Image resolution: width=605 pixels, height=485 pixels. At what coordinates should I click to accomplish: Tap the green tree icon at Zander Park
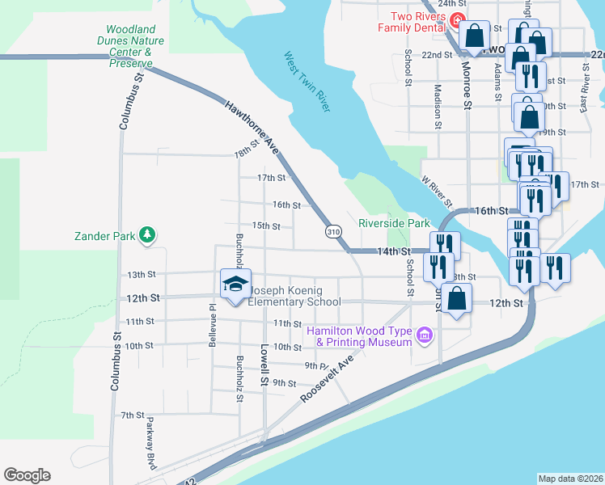tap(147, 235)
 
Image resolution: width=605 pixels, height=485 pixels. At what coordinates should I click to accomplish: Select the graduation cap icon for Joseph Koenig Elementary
tap(235, 284)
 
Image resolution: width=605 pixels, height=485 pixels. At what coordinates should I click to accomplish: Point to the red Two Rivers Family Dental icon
tap(458, 20)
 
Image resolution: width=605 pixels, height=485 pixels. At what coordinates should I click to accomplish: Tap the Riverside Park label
tap(394, 223)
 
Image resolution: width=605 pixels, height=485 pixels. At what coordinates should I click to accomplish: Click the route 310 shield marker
tap(333, 232)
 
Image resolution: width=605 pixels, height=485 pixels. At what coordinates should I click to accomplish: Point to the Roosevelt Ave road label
tap(328, 378)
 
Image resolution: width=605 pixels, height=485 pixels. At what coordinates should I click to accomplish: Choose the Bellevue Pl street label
tap(212, 318)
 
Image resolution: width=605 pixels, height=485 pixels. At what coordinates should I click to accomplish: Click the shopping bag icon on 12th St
tap(457, 297)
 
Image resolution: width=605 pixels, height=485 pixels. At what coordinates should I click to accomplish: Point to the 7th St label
tap(132, 415)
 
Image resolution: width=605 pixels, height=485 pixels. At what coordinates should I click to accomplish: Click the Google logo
tap(27, 475)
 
